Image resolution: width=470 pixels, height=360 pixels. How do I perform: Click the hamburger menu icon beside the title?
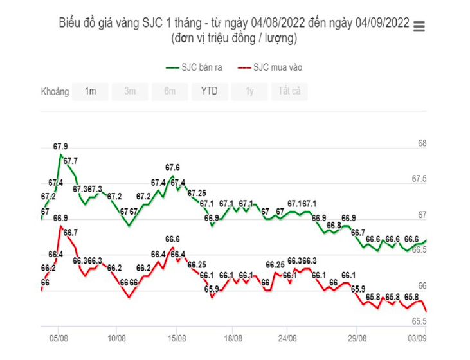(x=420, y=26)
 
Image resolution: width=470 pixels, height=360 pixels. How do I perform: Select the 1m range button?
(x=90, y=91)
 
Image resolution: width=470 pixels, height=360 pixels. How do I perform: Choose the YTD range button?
(x=209, y=91)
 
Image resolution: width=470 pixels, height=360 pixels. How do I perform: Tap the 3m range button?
(x=130, y=91)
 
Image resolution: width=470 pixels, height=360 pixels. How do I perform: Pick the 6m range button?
(x=170, y=91)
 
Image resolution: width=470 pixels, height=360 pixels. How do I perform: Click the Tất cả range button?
(x=289, y=91)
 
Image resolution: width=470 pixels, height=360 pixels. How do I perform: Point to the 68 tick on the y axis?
(x=422, y=143)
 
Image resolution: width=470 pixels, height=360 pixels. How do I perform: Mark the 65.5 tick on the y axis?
(x=419, y=321)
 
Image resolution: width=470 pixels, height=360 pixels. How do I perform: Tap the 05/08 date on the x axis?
(x=59, y=337)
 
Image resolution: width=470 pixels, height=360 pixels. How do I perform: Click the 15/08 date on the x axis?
(x=177, y=337)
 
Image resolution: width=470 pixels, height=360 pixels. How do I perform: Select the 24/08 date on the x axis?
(x=288, y=337)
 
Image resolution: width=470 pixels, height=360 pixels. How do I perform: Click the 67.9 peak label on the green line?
(x=60, y=147)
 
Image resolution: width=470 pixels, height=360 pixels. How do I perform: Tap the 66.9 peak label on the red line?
(x=60, y=219)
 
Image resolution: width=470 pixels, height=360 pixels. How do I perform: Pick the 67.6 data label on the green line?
(x=172, y=168)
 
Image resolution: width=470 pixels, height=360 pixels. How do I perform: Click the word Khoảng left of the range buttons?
(x=55, y=91)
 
